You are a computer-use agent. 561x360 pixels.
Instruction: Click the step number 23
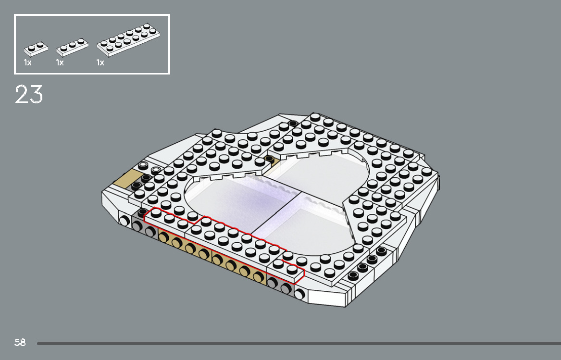coord(29,94)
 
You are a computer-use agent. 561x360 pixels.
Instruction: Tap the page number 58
coord(20,343)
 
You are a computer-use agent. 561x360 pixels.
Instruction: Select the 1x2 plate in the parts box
coord(36,48)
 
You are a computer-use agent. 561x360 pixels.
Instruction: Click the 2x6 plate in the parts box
coord(128,39)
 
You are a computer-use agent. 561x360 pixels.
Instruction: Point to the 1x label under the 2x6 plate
coord(100,63)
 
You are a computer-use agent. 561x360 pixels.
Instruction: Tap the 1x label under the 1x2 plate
coord(27,63)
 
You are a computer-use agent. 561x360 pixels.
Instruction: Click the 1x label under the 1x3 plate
coord(60,63)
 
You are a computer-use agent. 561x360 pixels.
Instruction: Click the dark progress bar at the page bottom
coord(298,343)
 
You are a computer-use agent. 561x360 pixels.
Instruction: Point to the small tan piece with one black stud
coord(271,160)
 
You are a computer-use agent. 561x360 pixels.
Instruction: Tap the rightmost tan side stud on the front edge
coord(258,276)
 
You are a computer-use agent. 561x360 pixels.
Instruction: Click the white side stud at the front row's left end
coord(125,221)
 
